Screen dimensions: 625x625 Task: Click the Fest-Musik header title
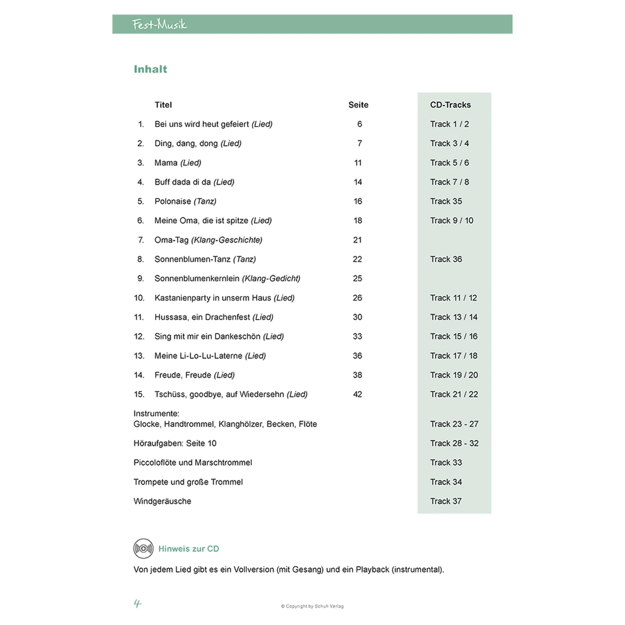tap(159, 24)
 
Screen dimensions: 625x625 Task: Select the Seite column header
tap(358, 105)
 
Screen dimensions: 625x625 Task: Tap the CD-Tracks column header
tap(450, 105)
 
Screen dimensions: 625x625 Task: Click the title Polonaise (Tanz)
tap(185, 201)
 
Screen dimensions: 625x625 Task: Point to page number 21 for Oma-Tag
tap(357, 240)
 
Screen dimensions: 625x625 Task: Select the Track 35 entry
tap(446, 201)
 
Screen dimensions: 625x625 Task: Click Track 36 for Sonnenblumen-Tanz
tap(446, 259)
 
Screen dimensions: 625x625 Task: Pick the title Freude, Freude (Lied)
tap(194, 375)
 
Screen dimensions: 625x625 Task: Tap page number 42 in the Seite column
tap(357, 394)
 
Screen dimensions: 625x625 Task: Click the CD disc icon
tap(143, 548)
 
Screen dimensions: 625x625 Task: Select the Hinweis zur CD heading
tap(189, 549)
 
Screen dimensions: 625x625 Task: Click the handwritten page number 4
tap(137, 603)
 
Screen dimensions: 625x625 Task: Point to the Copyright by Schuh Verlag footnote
tap(312, 606)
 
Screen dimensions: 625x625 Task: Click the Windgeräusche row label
tap(162, 501)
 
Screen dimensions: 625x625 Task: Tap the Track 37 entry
tap(446, 501)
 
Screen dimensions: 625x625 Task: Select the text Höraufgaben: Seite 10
tap(175, 443)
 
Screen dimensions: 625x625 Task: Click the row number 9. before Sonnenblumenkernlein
tap(140, 278)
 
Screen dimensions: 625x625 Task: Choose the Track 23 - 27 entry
tap(454, 424)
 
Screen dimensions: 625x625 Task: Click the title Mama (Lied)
tap(177, 163)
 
